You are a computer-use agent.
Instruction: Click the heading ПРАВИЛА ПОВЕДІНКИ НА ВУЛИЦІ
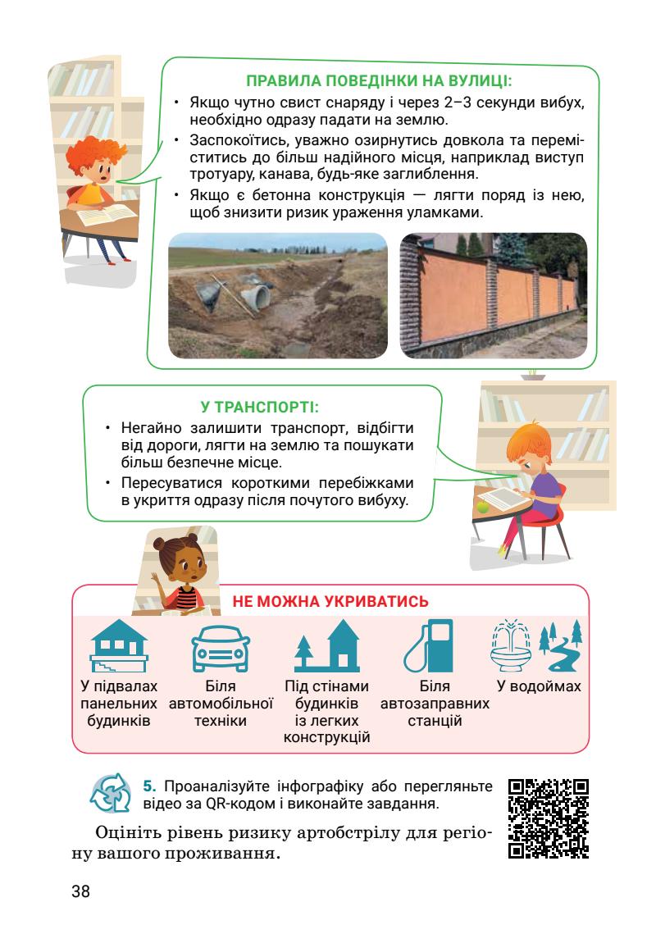coord(380,81)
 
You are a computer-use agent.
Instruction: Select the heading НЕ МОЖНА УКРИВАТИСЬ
coord(330,601)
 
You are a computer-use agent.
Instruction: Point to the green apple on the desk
coord(482,508)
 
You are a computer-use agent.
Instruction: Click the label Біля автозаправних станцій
coord(435,704)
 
